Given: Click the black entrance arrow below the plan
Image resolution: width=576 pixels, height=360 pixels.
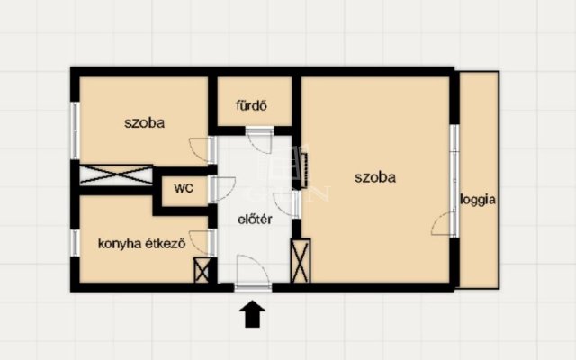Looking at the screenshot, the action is point(252,314).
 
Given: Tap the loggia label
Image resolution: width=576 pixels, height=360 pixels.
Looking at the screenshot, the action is point(478,200).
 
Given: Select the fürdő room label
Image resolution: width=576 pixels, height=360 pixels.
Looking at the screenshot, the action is point(251,106).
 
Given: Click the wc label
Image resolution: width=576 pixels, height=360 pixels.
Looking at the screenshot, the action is point(184,188).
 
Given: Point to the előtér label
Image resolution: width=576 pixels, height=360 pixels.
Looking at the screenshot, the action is point(255,219).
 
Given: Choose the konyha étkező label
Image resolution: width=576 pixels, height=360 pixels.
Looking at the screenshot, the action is point(142,244).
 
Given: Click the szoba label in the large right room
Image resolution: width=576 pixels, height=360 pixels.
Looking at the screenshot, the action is point(375,178).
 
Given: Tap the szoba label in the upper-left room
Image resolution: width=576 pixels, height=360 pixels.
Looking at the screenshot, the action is point(144,122).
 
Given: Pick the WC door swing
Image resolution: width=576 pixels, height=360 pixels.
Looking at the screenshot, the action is point(223,189).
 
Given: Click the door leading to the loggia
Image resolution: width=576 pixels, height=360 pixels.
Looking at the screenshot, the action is point(442,223).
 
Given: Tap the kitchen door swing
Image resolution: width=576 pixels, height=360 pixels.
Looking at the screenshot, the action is point(200,243).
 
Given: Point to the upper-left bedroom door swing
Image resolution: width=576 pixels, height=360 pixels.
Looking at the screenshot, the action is point(200,150).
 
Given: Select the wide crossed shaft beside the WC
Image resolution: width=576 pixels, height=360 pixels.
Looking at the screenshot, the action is point(116,175).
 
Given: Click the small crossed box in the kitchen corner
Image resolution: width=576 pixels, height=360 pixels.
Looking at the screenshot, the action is point(202,270).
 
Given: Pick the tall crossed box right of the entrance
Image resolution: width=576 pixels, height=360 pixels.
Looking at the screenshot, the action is point(300,260).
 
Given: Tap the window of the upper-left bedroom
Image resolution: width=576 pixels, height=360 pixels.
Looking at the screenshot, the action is point(75,130).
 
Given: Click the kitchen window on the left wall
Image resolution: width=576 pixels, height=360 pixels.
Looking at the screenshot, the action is point(75,243).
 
